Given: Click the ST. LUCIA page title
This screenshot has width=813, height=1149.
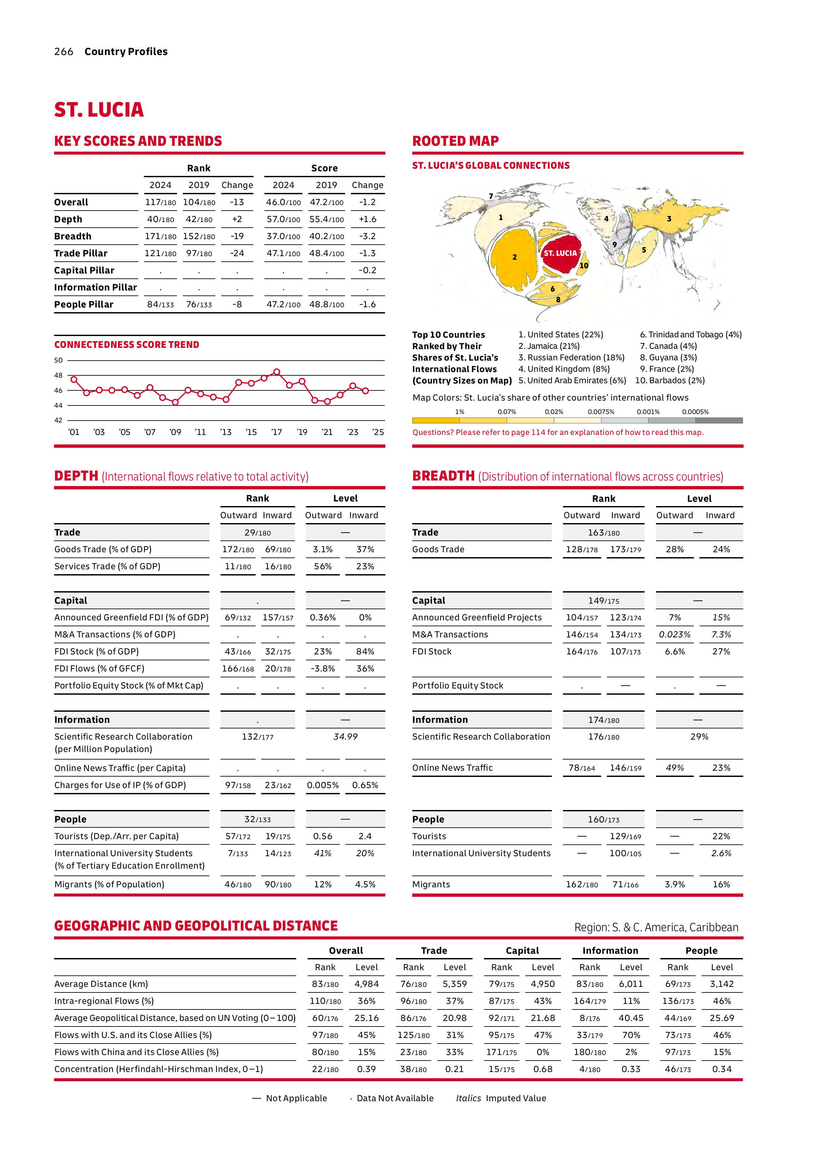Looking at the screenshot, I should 99,110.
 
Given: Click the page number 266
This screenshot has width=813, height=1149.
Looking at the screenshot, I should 64,51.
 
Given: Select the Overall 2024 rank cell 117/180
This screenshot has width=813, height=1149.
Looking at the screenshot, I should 160,202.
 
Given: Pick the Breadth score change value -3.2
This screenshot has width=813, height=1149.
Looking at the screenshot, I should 367,236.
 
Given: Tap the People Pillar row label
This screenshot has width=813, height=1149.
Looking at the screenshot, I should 84,304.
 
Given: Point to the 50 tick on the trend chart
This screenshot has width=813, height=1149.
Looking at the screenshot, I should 59,360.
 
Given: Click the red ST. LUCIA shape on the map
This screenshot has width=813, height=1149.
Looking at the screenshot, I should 560,254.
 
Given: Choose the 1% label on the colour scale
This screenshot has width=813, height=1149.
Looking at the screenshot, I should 459,412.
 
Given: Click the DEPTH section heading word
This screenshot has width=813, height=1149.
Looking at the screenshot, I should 76,476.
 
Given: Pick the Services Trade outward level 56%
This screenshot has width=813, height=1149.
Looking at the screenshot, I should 323,567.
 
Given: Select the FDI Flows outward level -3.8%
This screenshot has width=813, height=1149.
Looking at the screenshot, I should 323,669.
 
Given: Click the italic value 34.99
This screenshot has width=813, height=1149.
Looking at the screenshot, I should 345,737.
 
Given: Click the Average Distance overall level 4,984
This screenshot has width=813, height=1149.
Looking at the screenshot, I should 366,984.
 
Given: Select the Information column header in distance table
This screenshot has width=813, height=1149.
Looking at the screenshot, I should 610,950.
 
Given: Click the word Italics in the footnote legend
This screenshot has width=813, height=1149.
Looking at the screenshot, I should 468,1098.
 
